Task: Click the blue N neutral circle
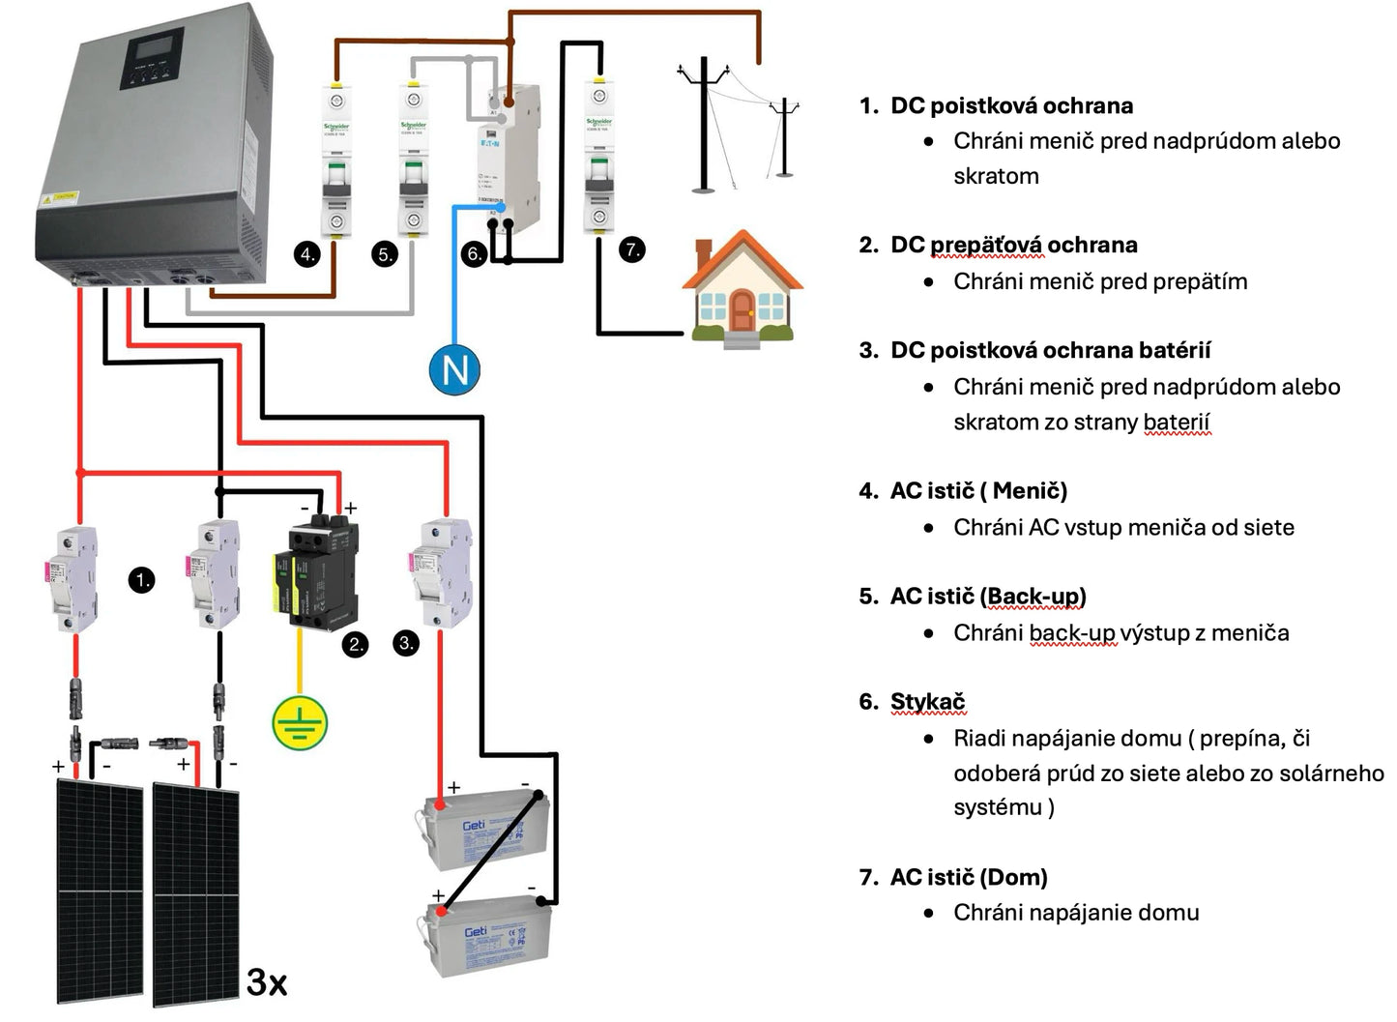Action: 454,369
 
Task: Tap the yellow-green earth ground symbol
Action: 300,722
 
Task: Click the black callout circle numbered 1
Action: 142,580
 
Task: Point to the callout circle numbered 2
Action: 356,644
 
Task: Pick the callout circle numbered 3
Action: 406,643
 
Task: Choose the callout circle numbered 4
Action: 307,254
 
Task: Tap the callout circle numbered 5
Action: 386,254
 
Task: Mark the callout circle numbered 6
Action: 474,254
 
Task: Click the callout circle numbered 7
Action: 632,249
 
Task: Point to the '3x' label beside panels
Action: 267,982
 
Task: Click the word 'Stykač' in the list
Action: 927,701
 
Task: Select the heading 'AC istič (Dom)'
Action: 968,877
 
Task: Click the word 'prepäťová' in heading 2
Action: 986,245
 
